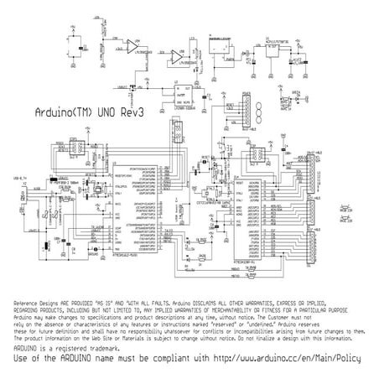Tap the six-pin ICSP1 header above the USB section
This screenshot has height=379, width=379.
[74, 148]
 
